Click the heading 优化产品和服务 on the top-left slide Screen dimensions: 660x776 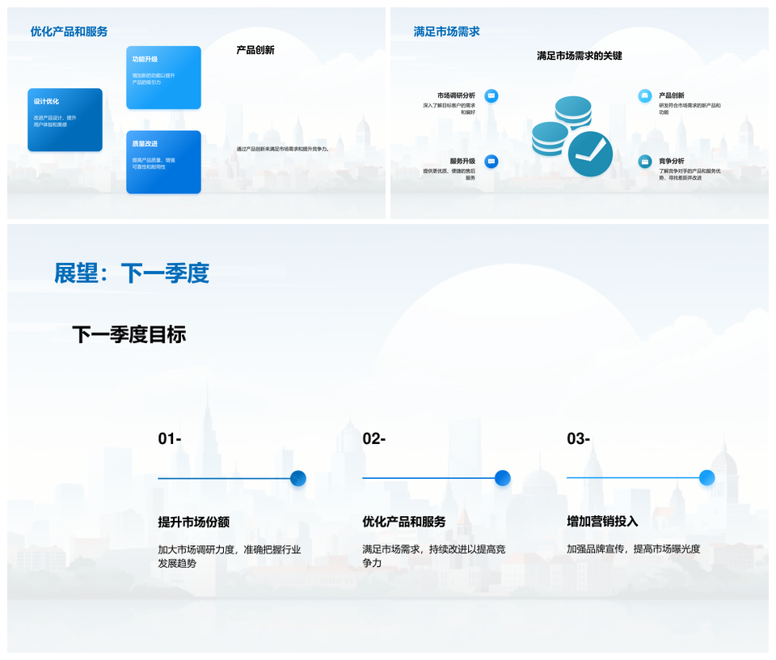[69, 32]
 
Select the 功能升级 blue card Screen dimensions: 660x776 [163, 77]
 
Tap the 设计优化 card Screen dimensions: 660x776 [65, 120]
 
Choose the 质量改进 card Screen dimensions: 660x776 [163, 162]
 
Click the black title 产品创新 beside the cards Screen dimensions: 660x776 [255, 50]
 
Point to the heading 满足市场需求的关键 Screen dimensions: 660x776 [580, 56]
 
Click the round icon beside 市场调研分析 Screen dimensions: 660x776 [491, 95]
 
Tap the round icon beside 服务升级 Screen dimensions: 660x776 [491, 161]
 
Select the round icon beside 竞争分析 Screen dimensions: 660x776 [644, 161]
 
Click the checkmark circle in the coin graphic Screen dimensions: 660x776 [590, 153]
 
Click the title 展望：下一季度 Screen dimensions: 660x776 [131, 273]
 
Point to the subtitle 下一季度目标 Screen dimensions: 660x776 [129, 334]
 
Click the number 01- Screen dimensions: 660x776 [170, 439]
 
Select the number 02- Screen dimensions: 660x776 [374, 439]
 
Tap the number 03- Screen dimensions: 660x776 [579, 439]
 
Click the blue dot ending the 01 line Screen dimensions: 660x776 [298, 478]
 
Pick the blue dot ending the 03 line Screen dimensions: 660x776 [706, 478]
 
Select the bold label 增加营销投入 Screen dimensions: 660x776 [602, 522]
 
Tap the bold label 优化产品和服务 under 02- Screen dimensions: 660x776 [404, 522]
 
